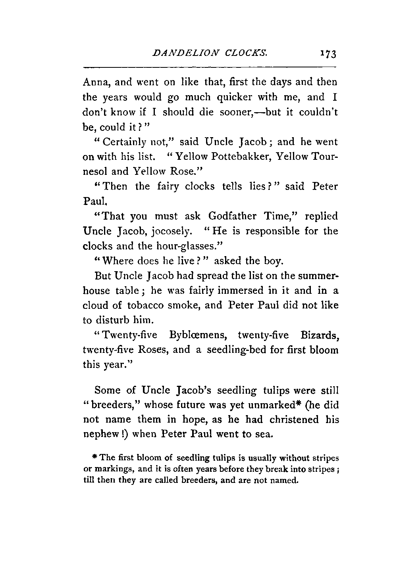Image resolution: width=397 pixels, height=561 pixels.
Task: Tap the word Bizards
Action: (x=317, y=335)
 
